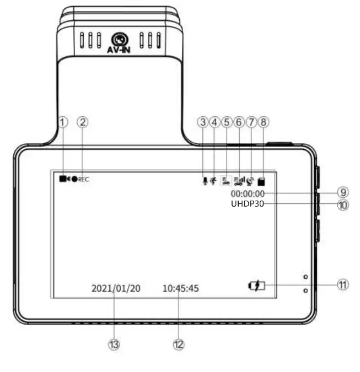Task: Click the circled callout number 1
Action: (x=63, y=122)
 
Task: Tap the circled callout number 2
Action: (x=83, y=122)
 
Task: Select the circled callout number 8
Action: (x=264, y=122)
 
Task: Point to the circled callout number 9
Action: (x=343, y=192)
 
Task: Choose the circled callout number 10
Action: (x=343, y=205)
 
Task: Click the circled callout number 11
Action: (x=343, y=284)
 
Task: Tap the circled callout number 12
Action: (x=179, y=344)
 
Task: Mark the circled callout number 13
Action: (x=114, y=344)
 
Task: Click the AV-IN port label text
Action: (x=119, y=50)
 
